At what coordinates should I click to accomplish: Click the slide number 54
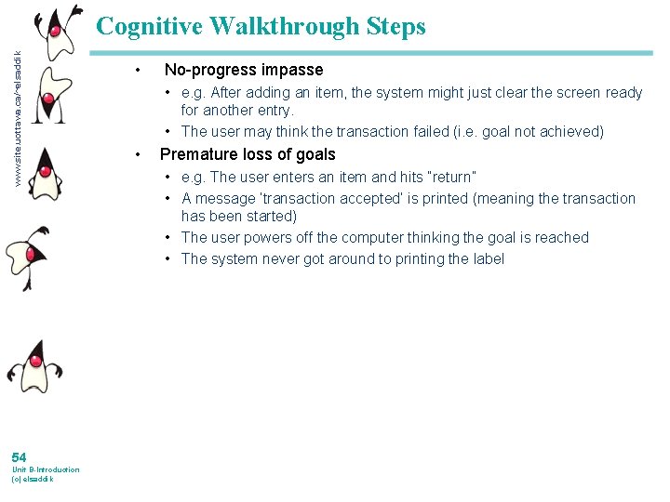coord(19,456)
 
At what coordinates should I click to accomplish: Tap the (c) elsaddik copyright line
coord(32,479)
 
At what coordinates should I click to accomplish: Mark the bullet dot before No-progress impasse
coord(138,70)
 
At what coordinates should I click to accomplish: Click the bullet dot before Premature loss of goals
coord(138,154)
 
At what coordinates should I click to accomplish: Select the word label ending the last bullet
coord(485,258)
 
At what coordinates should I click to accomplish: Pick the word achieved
coord(569,131)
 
